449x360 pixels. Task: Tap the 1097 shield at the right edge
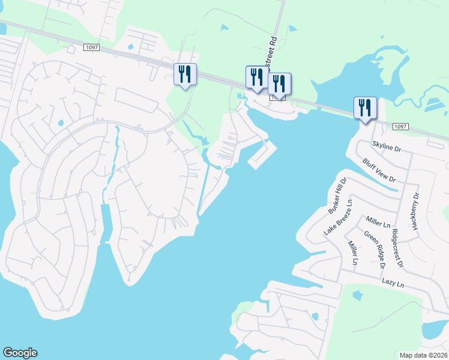pyautogui.click(x=401, y=127)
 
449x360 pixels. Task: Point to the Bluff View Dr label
pyautogui.click(x=379, y=170)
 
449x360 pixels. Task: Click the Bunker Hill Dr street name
pyautogui.click(x=338, y=196)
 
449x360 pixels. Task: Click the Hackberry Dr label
pyautogui.click(x=415, y=211)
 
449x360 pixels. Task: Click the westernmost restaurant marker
pyautogui.click(x=185, y=75)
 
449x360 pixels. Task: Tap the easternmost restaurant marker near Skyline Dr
pyautogui.click(x=364, y=108)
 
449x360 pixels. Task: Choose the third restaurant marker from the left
pyautogui.click(x=279, y=84)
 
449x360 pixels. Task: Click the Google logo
pyautogui.click(x=20, y=353)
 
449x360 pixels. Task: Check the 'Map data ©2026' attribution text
pyautogui.click(x=423, y=355)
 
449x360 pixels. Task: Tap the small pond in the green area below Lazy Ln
pyautogui.click(x=358, y=295)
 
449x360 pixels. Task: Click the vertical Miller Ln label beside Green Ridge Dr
pyautogui.click(x=353, y=253)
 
